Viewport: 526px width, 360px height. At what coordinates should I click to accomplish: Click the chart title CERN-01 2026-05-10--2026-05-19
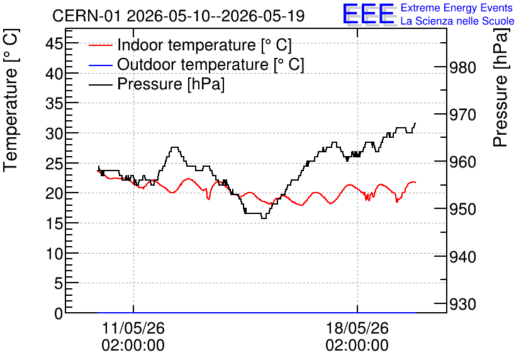[179, 16]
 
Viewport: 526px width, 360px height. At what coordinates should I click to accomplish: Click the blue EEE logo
[369, 14]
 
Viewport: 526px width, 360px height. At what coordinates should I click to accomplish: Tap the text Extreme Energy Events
[457, 8]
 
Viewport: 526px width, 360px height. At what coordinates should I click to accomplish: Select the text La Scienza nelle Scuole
[457, 21]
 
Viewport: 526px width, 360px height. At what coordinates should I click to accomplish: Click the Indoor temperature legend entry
[190, 45]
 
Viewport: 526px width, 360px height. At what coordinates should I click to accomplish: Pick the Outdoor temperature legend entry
[196, 64]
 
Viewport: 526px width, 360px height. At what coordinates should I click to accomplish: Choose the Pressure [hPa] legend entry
[157, 84]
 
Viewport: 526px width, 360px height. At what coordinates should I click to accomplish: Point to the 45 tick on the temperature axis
[54, 43]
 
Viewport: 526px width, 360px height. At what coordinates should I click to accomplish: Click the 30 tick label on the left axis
[54, 133]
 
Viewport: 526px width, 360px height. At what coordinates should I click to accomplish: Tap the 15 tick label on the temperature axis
[54, 223]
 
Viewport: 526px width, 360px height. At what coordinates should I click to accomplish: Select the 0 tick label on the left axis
[59, 313]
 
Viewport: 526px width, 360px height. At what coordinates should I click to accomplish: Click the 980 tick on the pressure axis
[462, 68]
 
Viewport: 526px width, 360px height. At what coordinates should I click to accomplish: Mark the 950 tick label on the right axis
[462, 210]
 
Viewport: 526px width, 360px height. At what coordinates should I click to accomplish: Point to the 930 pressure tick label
[462, 305]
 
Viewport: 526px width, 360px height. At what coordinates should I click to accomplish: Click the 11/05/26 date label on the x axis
[133, 328]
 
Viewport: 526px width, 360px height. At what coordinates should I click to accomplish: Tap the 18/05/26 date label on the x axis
[357, 328]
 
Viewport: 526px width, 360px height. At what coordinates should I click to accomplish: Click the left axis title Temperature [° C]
[11, 100]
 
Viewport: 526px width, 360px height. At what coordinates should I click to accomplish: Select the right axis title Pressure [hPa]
[501, 87]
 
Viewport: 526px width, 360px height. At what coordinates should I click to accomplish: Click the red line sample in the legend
[100, 45]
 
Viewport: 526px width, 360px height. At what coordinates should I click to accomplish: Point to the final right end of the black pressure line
[415, 123]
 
